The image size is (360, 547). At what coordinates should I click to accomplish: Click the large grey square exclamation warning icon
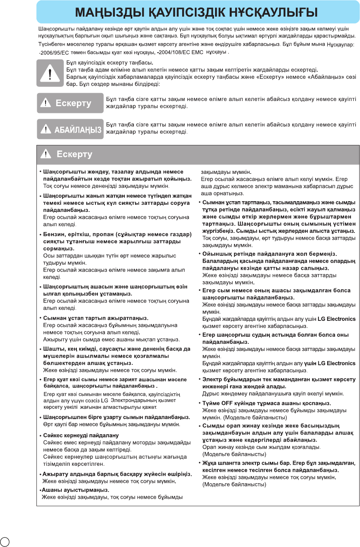50,73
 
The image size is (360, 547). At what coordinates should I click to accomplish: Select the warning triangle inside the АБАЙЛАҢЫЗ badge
46,129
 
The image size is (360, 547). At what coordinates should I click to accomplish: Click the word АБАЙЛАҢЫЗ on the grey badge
78,130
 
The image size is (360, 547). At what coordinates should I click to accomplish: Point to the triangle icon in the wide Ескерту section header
46,154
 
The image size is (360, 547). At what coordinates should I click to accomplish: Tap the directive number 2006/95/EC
54,53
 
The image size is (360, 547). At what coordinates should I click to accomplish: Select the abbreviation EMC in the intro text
197,52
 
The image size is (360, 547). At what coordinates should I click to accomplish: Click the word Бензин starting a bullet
54,234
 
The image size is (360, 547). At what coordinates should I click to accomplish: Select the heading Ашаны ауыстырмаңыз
75,490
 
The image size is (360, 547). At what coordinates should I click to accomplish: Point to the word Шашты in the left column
53,349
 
